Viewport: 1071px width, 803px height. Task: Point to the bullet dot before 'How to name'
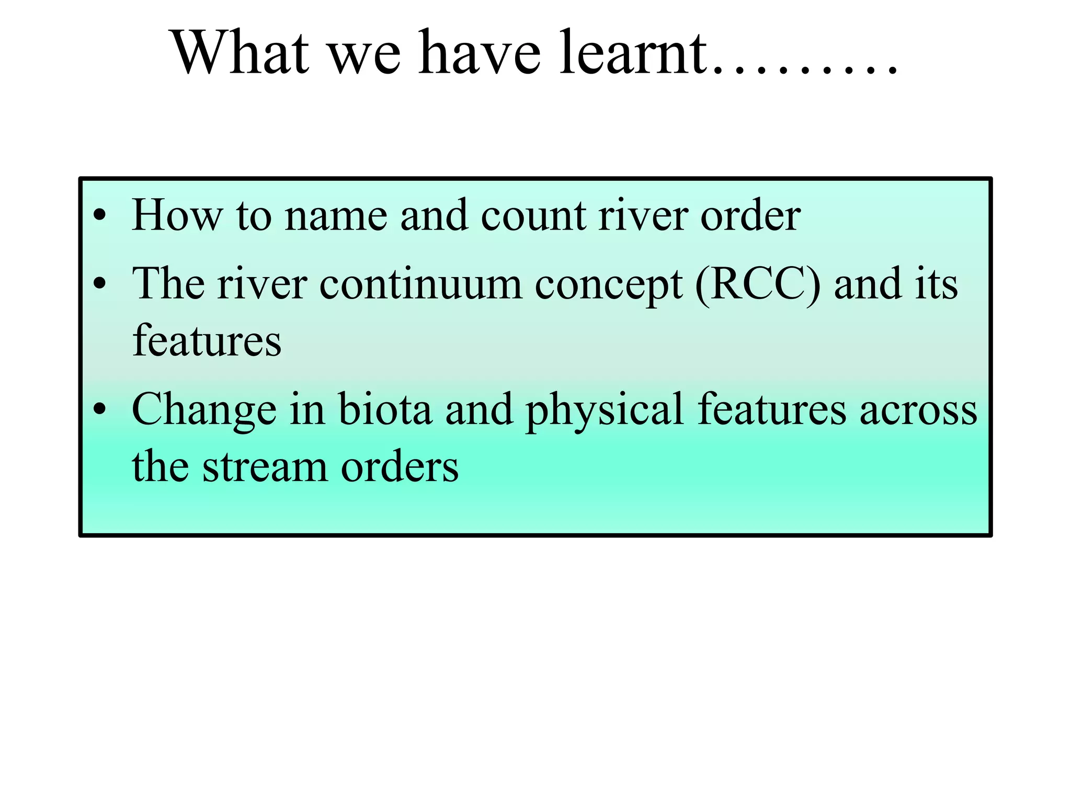99,215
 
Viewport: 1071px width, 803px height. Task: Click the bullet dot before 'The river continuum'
99,284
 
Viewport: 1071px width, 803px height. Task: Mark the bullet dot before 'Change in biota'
99,409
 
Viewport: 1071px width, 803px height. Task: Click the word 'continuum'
420,285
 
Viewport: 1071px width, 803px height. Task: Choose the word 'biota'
385,409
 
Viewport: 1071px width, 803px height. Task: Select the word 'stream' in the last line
265,467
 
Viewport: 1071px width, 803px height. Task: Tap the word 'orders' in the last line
400,467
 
